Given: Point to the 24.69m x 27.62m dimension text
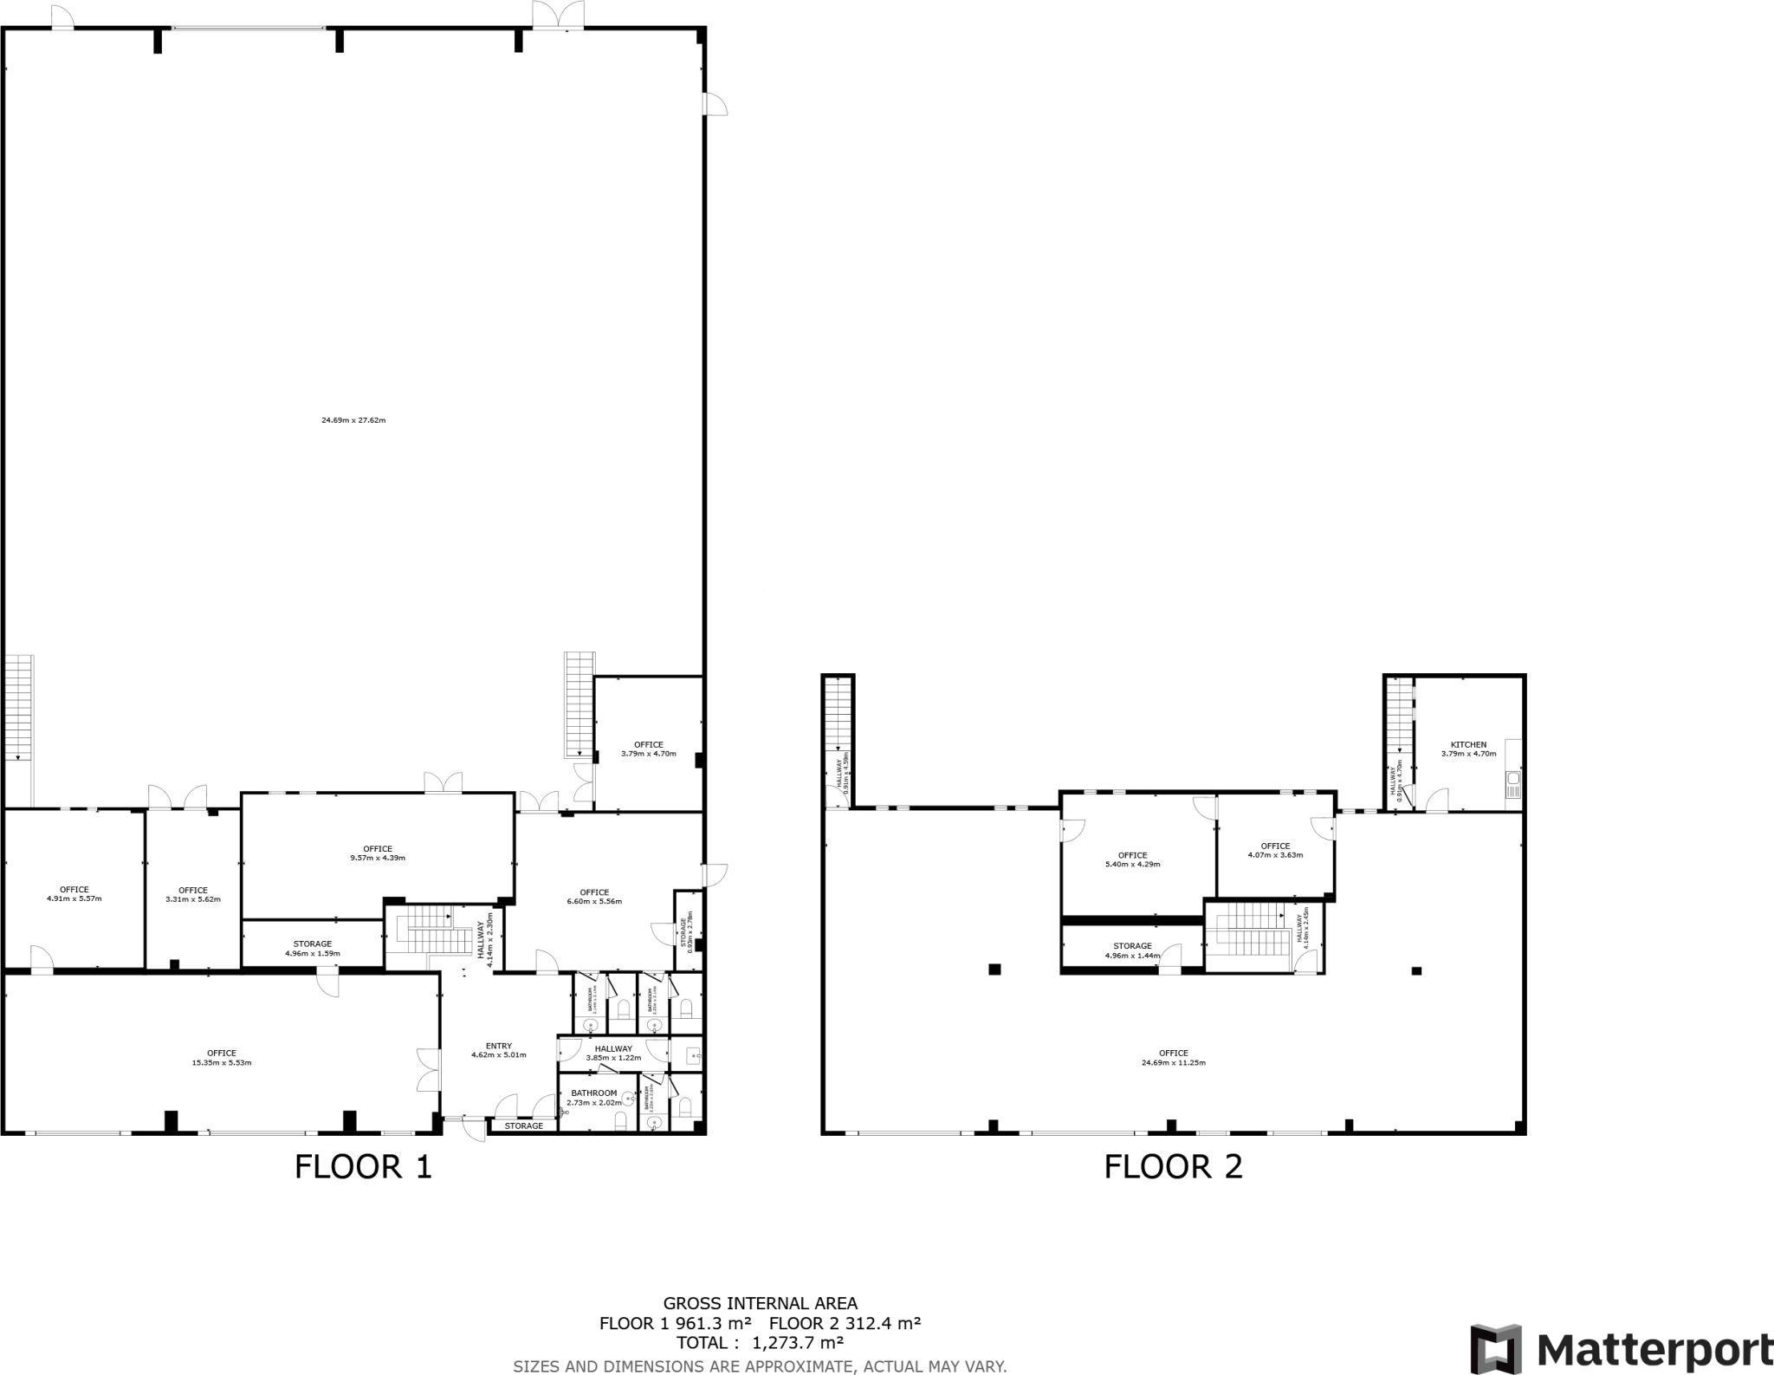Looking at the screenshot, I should point(353,420).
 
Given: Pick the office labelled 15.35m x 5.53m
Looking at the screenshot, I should point(222,1058).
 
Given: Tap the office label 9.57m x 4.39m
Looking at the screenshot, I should point(378,853).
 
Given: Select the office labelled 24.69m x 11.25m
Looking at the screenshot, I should point(1174,1058).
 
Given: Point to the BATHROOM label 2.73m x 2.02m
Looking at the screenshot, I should point(593,1098).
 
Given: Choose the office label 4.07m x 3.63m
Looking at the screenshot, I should point(1275,850).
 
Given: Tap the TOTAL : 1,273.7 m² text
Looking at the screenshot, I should point(760,1342).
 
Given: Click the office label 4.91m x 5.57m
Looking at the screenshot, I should point(74,893).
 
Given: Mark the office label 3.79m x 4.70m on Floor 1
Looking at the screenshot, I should point(648,749).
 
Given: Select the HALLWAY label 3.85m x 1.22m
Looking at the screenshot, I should point(613,1053).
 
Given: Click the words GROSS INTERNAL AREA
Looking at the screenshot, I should point(760,1302).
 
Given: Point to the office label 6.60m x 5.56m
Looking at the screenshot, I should point(594,896).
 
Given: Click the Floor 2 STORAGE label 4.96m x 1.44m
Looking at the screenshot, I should point(1132,950).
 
